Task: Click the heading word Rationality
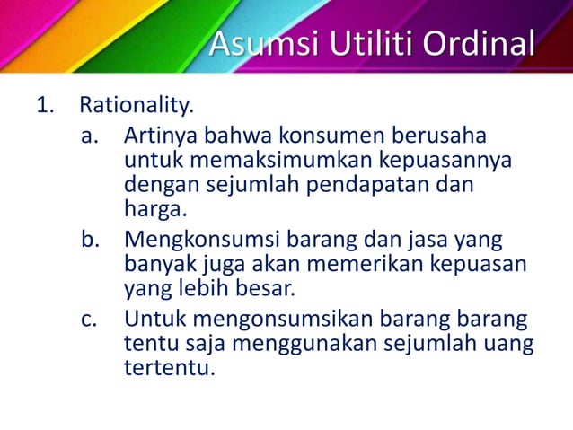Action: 137,108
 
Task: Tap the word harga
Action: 154,212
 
